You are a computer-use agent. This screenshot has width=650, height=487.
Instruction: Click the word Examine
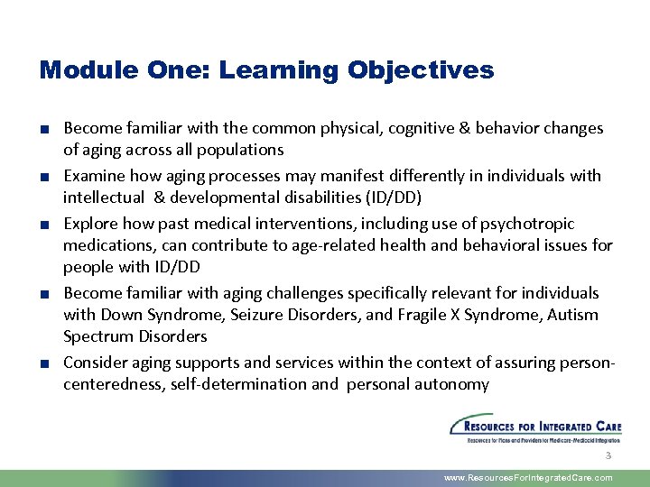tap(93, 175)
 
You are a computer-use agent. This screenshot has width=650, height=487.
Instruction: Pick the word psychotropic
tap(530, 223)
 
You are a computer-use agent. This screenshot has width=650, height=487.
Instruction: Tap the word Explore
tap(88, 223)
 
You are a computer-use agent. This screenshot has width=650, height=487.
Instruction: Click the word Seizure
tap(262, 315)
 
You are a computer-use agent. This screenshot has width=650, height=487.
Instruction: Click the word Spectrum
tap(97, 336)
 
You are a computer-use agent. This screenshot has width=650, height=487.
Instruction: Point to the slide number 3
tap(608, 456)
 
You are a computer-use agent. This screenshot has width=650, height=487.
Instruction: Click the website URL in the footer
tap(528, 478)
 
